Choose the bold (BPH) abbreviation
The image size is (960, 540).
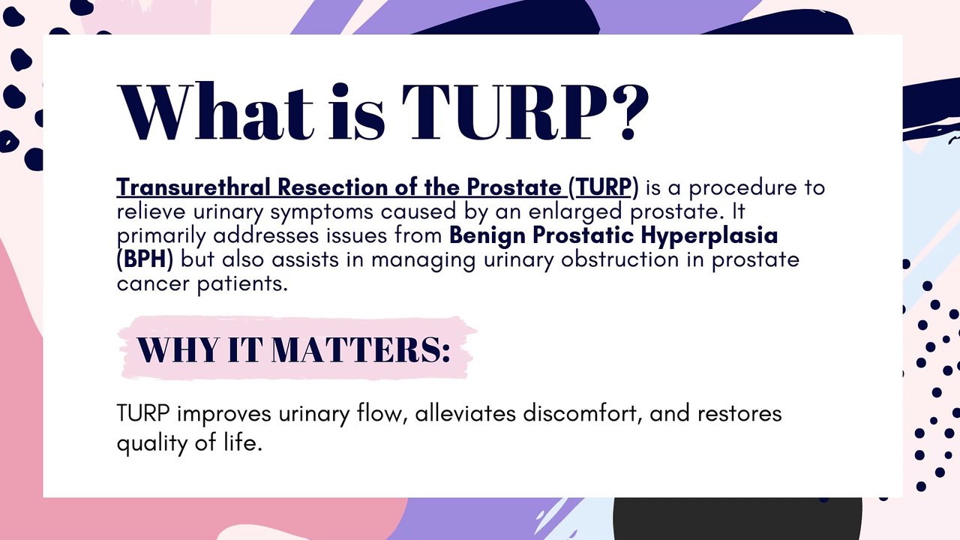pos(145,259)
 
